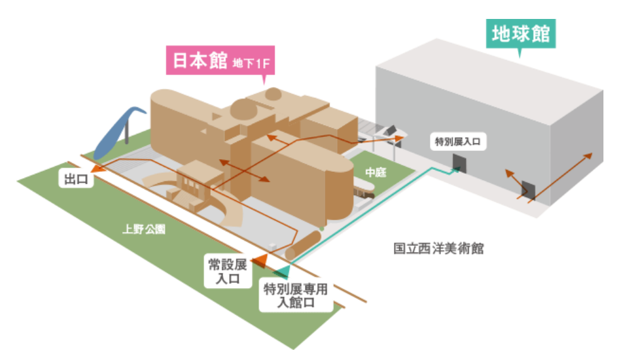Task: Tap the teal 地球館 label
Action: tap(519, 33)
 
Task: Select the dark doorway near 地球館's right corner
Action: tap(529, 191)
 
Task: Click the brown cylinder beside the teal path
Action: tap(302, 246)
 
